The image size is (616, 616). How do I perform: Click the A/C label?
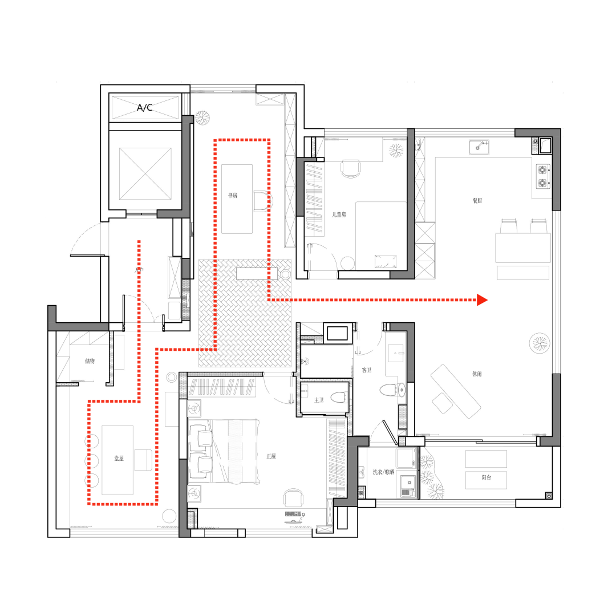pyautogui.click(x=144, y=107)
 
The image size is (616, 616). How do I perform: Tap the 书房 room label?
pyautogui.click(x=233, y=195)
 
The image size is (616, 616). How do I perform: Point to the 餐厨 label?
pyautogui.click(x=477, y=201)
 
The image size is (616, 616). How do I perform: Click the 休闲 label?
pyautogui.click(x=477, y=374)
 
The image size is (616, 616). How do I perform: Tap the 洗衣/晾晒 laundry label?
pyautogui.click(x=383, y=472)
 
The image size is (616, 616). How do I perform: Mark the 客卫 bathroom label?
pyautogui.click(x=367, y=370)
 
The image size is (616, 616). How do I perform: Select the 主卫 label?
pyautogui.click(x=319, y=400)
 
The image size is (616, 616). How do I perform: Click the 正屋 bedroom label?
pyautogui.click(x=271, y=456)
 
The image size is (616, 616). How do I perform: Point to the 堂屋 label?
pyautogui.click(x=119, y=458)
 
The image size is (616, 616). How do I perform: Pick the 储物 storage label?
pyautogui.click(x=90, y=360)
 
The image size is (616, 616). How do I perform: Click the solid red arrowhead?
pyautogui.click(x=483, y=299)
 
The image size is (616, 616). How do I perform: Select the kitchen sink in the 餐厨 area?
pyautogui.click(x=479, y=147)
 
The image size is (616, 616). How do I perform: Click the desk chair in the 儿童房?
pyautogui.click(x=351, y=168)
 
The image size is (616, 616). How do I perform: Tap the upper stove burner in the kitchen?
pyautogui.click(x=541, y=170)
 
